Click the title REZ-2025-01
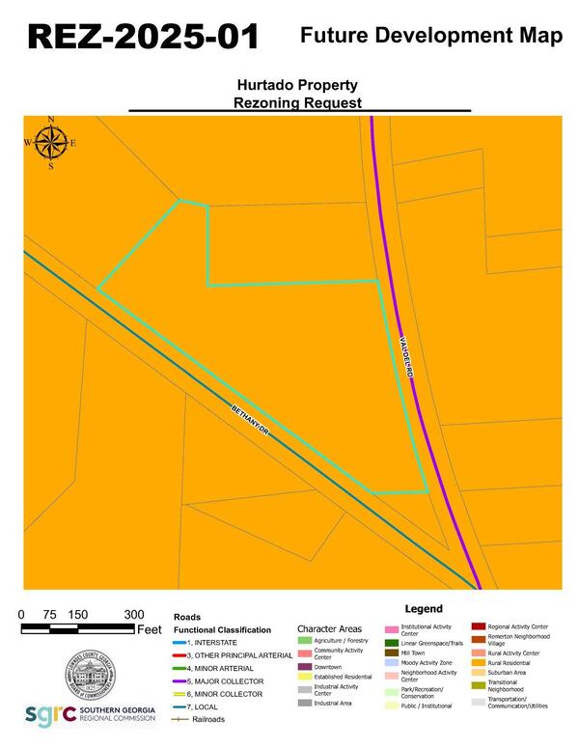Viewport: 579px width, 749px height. coord(143,37)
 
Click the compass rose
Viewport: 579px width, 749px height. coord(51,144)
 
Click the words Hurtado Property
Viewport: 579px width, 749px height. coord(298,85)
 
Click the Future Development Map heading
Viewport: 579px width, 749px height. coord(431,36)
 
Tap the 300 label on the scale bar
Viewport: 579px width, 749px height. coord(134,615)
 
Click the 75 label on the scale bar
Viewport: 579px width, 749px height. coord(49,615)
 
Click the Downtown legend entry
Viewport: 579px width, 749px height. coord(328,667)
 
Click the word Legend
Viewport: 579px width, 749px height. coord(423,609)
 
